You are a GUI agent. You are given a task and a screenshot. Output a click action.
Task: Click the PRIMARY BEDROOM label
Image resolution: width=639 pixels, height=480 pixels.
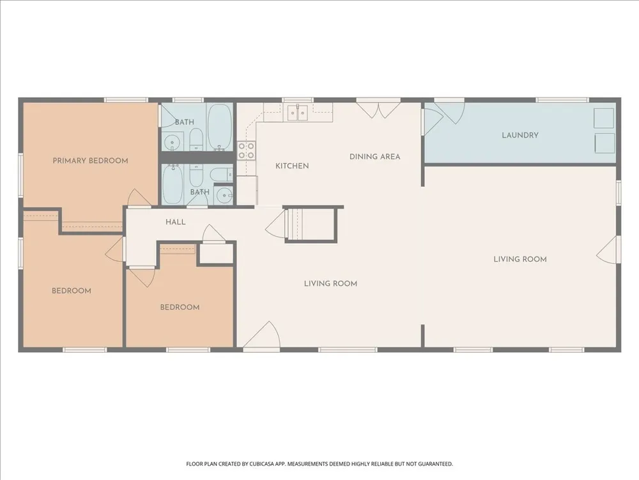pyautogui.click(x=91, y=161)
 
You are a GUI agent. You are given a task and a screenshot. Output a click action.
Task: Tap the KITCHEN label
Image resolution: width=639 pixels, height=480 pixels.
pyautogui.click(x=292, y=166)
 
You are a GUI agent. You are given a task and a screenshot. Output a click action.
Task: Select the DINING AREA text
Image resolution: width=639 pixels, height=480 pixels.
pyautogui.click(x=375, y=157)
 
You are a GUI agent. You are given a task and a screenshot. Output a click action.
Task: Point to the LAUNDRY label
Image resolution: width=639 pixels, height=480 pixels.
pyautogui.click(x=520, y=135)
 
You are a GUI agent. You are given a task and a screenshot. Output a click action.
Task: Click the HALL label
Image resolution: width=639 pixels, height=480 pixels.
pyautogui.click(x=176, y=222)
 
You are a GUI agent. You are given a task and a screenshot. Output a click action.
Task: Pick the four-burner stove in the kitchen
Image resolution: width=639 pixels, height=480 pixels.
pyautogui.click(x=247, y=150)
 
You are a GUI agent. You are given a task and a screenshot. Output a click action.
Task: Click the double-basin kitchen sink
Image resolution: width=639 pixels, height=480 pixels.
pyautogui.click(x=298, y=113)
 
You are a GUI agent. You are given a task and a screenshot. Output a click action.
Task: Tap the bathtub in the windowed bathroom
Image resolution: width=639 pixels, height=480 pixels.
pyautogui.click(x=220, y=127)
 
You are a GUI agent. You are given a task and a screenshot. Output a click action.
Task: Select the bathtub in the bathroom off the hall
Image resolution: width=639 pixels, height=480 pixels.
pyautogui.click(x=173, y=184)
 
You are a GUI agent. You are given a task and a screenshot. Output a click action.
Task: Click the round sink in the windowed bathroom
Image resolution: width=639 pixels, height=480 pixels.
pyautogui.click(x=173, y=143)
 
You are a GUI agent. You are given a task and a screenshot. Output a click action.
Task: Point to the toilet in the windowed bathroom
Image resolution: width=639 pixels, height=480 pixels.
pyautogui.click(x=196, y=140)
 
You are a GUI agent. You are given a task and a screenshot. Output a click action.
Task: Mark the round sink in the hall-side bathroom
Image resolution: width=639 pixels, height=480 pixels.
pyautogui.click(x=224, y=196)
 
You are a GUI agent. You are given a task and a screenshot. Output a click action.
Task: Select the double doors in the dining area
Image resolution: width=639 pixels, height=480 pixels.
pyautogui.click(x=378, y=108)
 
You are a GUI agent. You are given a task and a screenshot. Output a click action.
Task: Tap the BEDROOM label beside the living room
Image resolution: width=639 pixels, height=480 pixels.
pyautogui.click(x=180, y=307)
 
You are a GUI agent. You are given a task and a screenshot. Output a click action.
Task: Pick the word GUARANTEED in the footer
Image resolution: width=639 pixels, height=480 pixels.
pyautogui.click(x=436, y=464)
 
